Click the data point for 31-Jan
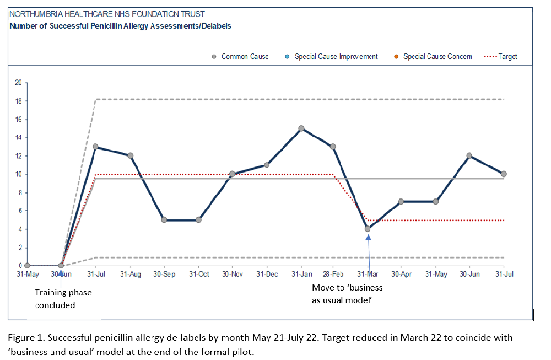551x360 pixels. [x=301, y=128]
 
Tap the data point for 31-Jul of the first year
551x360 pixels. [x=96, y=147]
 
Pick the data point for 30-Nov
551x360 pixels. [x=232, y=174]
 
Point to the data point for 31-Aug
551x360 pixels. [x=130, y=155]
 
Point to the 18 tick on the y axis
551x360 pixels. [x=18, y=101]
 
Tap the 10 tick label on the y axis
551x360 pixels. [x=18, y=174]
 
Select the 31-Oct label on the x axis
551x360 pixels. [x=199, y=273]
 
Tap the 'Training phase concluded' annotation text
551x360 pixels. [x=63, y=298]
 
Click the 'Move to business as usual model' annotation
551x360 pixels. [x=347, y=293]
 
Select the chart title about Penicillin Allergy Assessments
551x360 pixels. [x=121, y=25]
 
